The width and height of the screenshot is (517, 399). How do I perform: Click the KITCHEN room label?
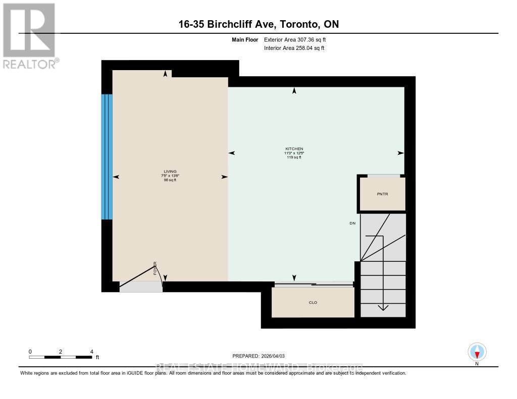[x=294, y=148]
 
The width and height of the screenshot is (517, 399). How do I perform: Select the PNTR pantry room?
[x=382, y=194]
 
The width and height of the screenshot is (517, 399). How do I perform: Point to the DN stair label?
[x=352, y=223]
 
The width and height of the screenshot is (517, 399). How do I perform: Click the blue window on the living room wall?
[x=107, y=157]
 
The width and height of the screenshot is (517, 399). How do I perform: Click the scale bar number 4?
[x=91, y=352]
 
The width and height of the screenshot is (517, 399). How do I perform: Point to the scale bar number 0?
[x=30, y=352]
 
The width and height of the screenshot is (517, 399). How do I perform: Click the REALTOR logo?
[x=29, y=35]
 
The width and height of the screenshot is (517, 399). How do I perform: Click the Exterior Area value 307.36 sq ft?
[x=298, y=39]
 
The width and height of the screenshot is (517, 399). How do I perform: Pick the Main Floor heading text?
[x=245, y=39]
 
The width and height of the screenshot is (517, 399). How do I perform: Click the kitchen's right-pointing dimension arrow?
[x=401, y=153]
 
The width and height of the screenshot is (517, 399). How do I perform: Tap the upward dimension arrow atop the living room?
[x=166, y=74]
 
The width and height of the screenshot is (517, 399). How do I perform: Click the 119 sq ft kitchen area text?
[x=294, y=157]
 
